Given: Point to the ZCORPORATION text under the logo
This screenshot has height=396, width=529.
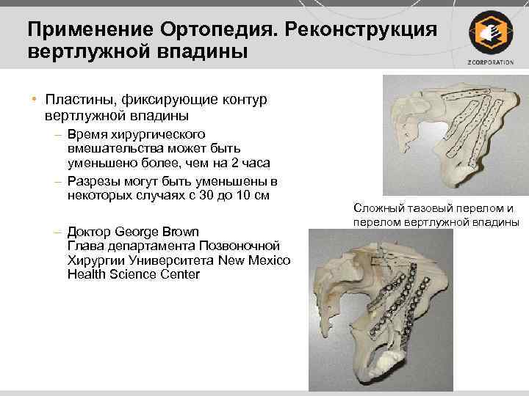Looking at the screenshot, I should [x=489, y=62].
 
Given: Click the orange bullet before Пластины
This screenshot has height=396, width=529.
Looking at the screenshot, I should [x=34, y=99].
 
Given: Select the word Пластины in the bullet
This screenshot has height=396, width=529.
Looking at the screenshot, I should [x=77, y=99].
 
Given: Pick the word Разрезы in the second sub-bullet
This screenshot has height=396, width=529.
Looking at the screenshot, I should [x=90, y=182].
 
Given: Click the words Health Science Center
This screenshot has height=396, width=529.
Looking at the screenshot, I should [x=133, y=274].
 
